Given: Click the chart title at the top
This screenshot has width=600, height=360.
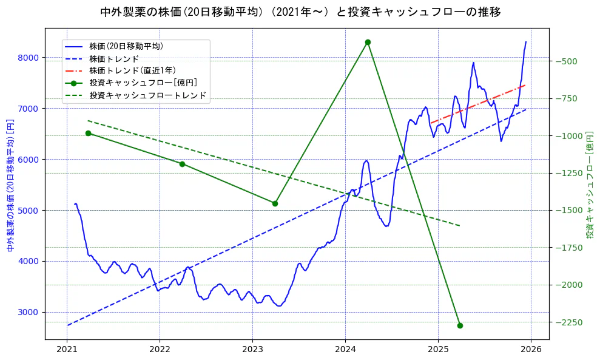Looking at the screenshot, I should click(300, 12).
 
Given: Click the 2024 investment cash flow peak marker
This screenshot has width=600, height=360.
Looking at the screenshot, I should click(368, 42).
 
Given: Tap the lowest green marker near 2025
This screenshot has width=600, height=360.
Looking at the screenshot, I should click(460, 325).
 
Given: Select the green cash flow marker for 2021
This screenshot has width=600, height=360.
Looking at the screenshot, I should click(88, 133).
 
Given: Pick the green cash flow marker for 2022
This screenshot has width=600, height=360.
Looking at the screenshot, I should click(182, 164).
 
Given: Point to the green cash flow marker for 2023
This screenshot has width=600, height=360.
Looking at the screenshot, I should click(275, 203).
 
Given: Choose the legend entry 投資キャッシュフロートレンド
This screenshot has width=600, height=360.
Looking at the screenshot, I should click(147, 95).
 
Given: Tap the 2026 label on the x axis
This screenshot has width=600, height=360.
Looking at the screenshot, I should click(531, 350).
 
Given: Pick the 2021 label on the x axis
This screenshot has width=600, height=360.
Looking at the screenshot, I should click(67, 350).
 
